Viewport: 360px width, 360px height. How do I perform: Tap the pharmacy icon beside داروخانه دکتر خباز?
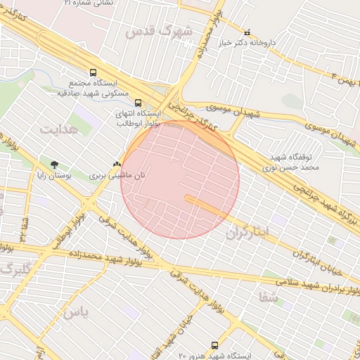[246, 32]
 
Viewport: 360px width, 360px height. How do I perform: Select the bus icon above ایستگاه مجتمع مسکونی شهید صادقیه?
[93, 72]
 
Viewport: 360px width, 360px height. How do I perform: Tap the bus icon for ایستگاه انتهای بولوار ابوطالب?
[137, 102]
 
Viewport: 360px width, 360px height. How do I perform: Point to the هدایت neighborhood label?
[56, 130]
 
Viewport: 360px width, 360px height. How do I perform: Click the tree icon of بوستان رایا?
[54, 165]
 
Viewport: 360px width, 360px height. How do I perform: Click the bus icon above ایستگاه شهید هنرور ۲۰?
[214, 346]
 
